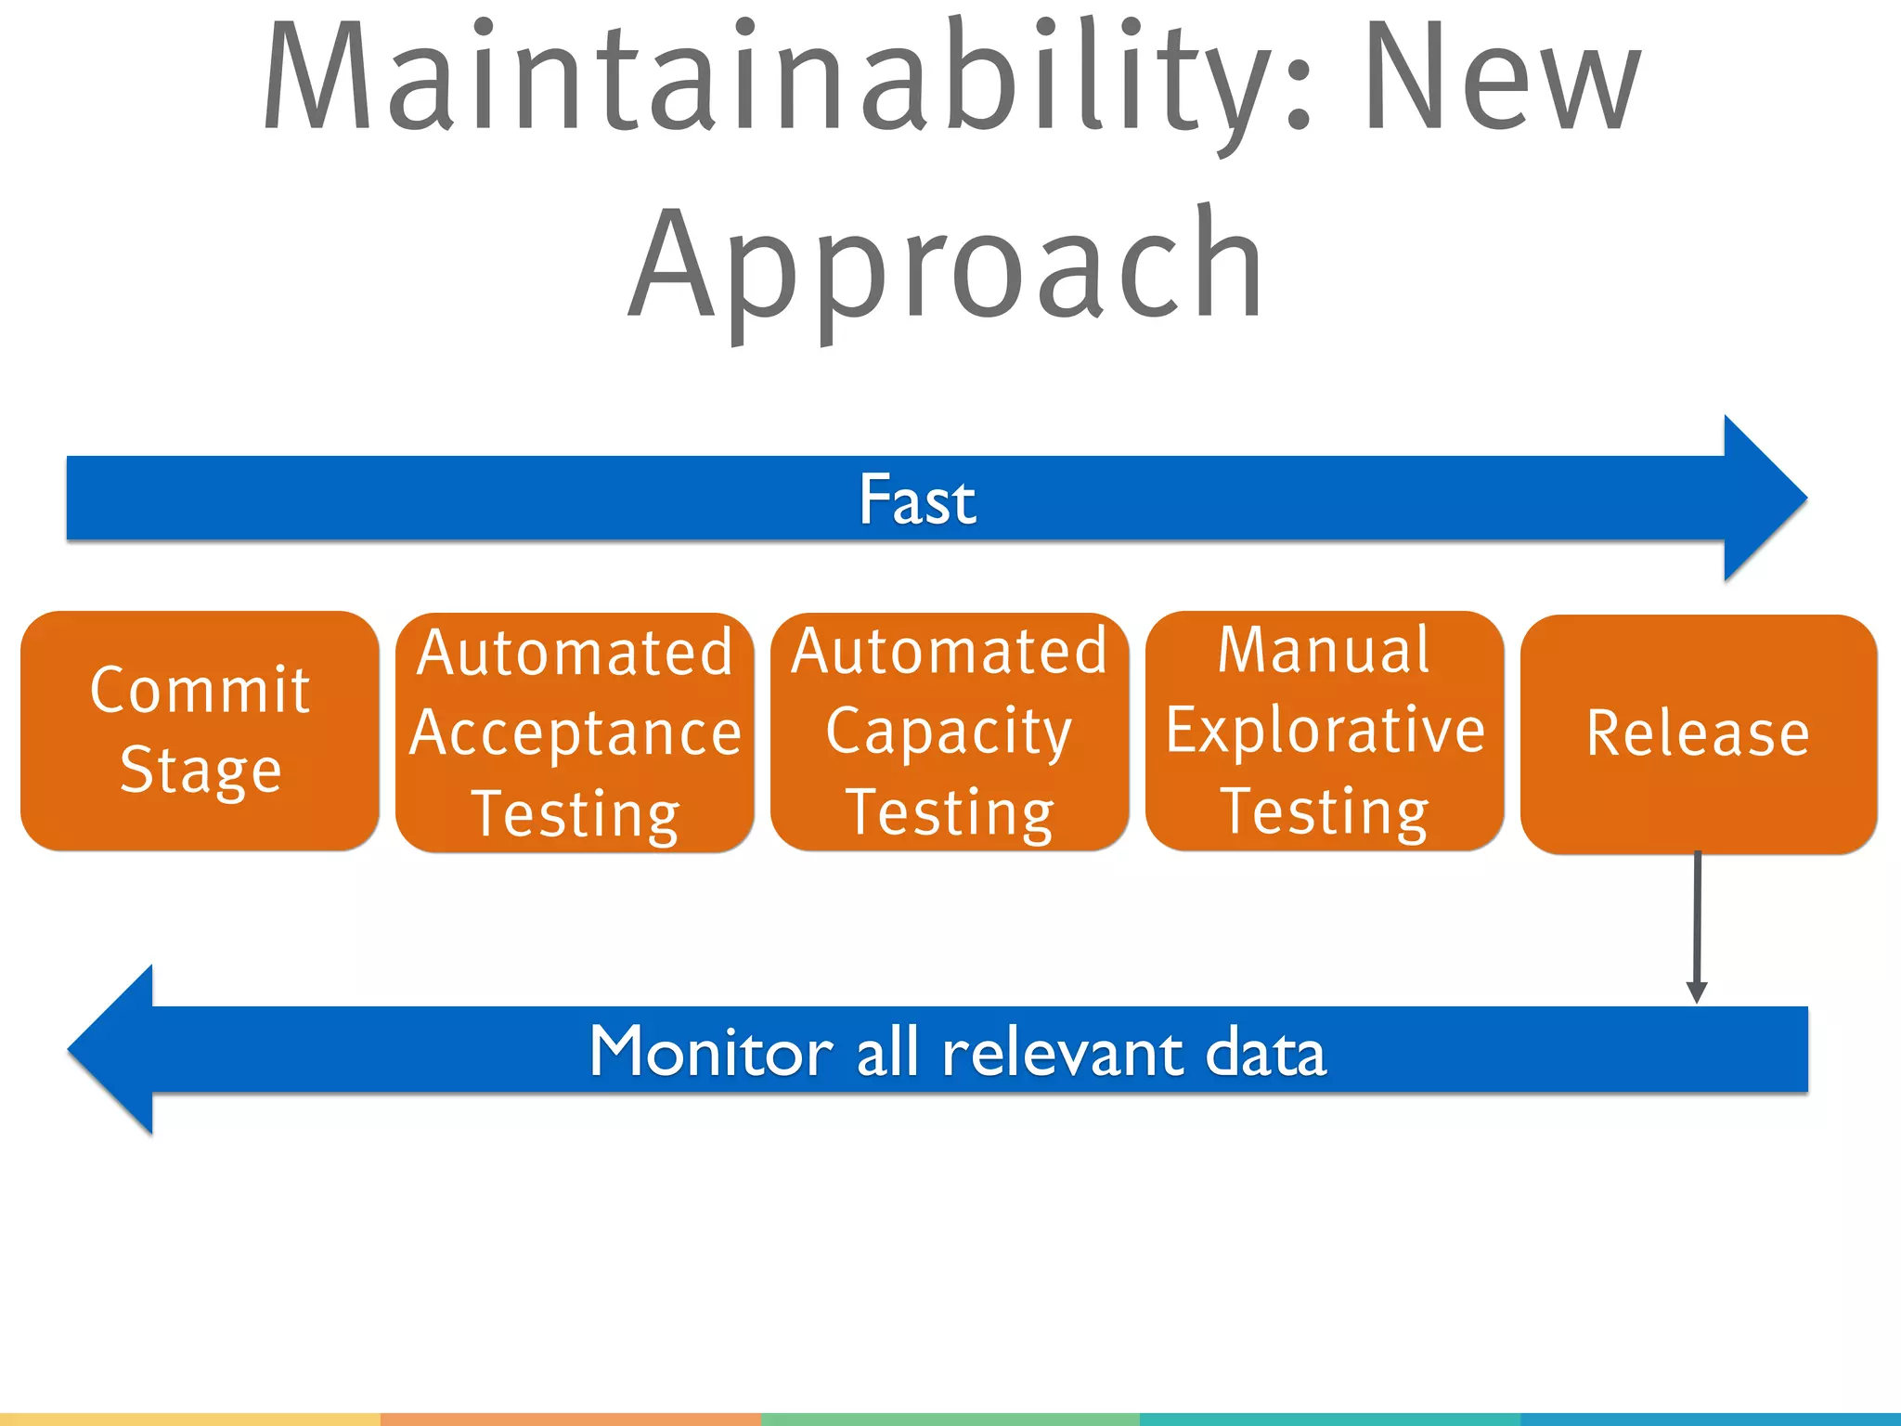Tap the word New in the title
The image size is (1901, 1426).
pos(1501,79)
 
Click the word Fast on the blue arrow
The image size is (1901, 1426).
pos(917,499)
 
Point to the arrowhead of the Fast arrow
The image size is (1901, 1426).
pos(1764,499)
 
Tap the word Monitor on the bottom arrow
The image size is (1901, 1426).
pos(711,1052)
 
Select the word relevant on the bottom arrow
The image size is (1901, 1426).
pos(1063,1052)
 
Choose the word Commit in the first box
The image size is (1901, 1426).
pos(200,690)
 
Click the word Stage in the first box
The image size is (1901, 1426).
pos(200,770)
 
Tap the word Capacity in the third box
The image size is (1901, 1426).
pos(949,732)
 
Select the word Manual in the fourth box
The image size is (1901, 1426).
pos(1324,650)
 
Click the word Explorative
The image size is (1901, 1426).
pos(1325,731)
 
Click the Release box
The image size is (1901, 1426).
pos(1698,733)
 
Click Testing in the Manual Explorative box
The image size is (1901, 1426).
pos(1325,811)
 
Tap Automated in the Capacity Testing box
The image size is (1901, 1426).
pos(949,652)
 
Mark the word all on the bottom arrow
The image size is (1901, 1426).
pos(886,1052)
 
